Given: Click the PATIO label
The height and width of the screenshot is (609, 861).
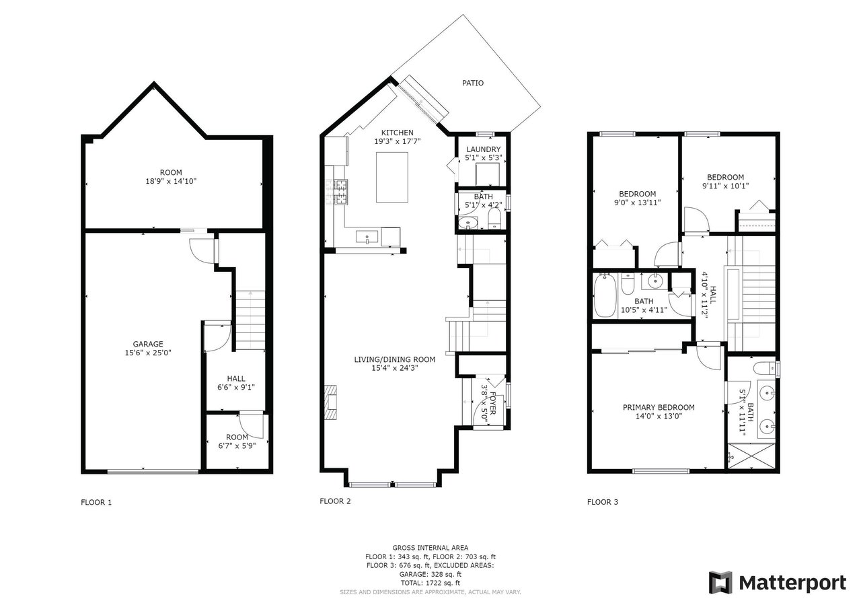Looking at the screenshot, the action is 472,83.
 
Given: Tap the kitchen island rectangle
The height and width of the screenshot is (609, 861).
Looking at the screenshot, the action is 391,177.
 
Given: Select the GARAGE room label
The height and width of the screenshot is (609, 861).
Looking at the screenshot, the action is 148,344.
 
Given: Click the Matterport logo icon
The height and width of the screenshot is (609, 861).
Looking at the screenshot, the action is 720,583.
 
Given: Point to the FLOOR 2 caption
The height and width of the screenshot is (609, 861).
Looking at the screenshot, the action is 335,501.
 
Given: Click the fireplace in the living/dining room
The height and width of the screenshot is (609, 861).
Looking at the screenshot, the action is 331,402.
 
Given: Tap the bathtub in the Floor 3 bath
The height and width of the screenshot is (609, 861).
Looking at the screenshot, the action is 605,295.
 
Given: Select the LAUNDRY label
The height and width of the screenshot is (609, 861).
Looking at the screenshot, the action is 484,149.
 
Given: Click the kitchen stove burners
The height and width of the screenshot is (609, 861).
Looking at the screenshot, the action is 337,192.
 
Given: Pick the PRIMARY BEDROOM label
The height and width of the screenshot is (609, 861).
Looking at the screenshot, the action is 659,407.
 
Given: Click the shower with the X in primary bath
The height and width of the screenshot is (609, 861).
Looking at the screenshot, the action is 751,456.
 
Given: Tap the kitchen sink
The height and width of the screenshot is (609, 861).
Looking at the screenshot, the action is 367,237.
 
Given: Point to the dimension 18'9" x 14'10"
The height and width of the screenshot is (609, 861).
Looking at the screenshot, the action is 171,181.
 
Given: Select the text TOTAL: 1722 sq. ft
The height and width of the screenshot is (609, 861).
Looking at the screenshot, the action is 430,583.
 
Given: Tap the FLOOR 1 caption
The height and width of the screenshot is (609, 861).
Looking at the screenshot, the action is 96,502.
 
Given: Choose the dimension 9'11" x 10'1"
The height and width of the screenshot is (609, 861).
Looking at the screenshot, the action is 725,186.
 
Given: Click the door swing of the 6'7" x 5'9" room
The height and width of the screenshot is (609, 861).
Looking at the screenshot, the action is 252,425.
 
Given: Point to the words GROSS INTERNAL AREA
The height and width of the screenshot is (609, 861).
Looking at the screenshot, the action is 430,548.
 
